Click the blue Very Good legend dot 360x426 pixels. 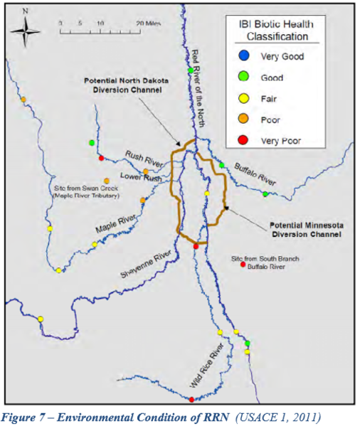(244, 56)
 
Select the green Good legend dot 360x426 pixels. (244, 78)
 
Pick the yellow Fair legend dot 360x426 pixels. (244, 99)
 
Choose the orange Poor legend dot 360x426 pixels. (244, 120)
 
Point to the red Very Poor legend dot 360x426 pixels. (244, 141)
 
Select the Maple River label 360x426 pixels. (116, 223)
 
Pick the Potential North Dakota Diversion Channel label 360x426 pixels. (121, 85)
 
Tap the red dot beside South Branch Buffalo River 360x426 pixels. (243, 265)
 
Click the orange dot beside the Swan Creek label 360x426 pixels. (107, 181)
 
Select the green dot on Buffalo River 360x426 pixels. (265, 193)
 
